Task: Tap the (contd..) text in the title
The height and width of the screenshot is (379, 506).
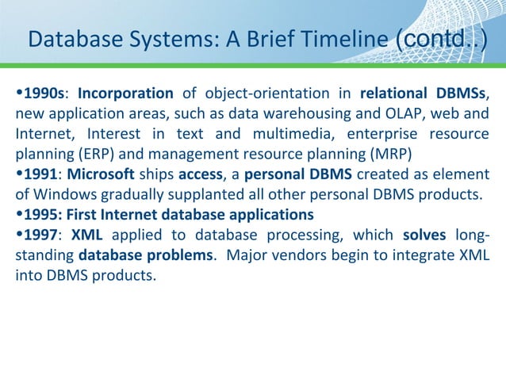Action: pos(439,39)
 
